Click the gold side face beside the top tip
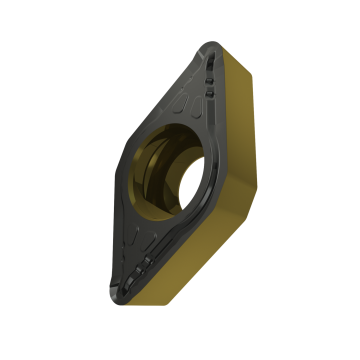(240, 70)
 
